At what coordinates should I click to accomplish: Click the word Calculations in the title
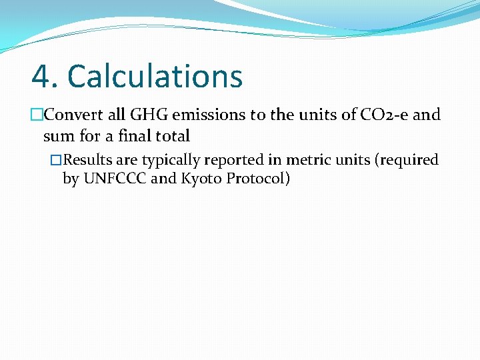point(155,76)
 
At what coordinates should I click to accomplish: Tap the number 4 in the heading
point(42,76)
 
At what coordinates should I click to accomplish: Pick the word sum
point(55,137)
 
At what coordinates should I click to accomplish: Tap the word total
point(172,137)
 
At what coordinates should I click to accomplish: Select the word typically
point(171,160)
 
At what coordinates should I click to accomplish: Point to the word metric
point(307,160)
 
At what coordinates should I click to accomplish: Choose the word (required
point(409,160)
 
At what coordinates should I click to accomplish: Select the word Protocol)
point(258,179)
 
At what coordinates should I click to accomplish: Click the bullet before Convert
point(37,115)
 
